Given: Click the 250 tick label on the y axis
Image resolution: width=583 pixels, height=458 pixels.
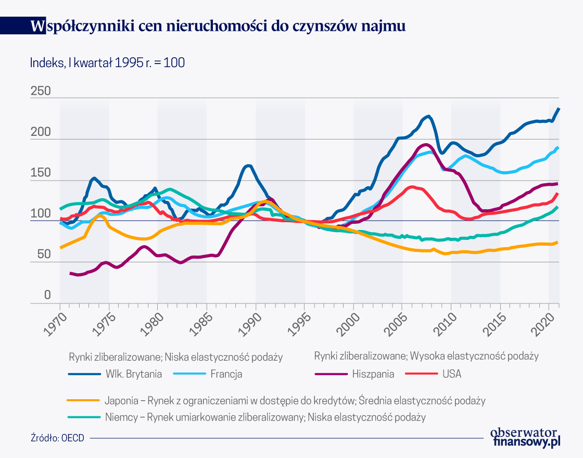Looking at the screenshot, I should pyautogui.click(x=41, y=91).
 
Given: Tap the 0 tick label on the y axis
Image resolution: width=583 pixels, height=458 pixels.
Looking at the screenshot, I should pyautogui.click(x=47, y=296).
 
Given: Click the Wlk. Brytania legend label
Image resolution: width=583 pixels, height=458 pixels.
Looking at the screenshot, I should pyautogui.click(x=134, y=374).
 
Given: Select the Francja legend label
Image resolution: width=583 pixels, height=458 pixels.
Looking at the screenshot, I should pyautogui.click(x=226, y=374).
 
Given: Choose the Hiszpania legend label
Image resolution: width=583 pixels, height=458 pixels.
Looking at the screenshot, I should pyautogui.click(x=373, y=374).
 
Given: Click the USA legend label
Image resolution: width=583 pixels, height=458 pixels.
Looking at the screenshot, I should pyautogui.click(x=452, y=374).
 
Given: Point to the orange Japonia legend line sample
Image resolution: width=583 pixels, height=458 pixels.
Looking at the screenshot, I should pyautogui.click(x=83, y=401).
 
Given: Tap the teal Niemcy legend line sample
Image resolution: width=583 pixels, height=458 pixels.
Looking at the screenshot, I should pyautogui.click(x=83, y=417).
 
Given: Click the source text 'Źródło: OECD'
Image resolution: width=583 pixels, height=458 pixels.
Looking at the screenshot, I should pyautogui.click(x=57, y=438).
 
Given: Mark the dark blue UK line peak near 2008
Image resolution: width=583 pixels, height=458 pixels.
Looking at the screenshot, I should pyautogui.click(x=428, y=117).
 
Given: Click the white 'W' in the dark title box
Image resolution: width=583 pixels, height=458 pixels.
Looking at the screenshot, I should pyautogui.click(x=37, y=26).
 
